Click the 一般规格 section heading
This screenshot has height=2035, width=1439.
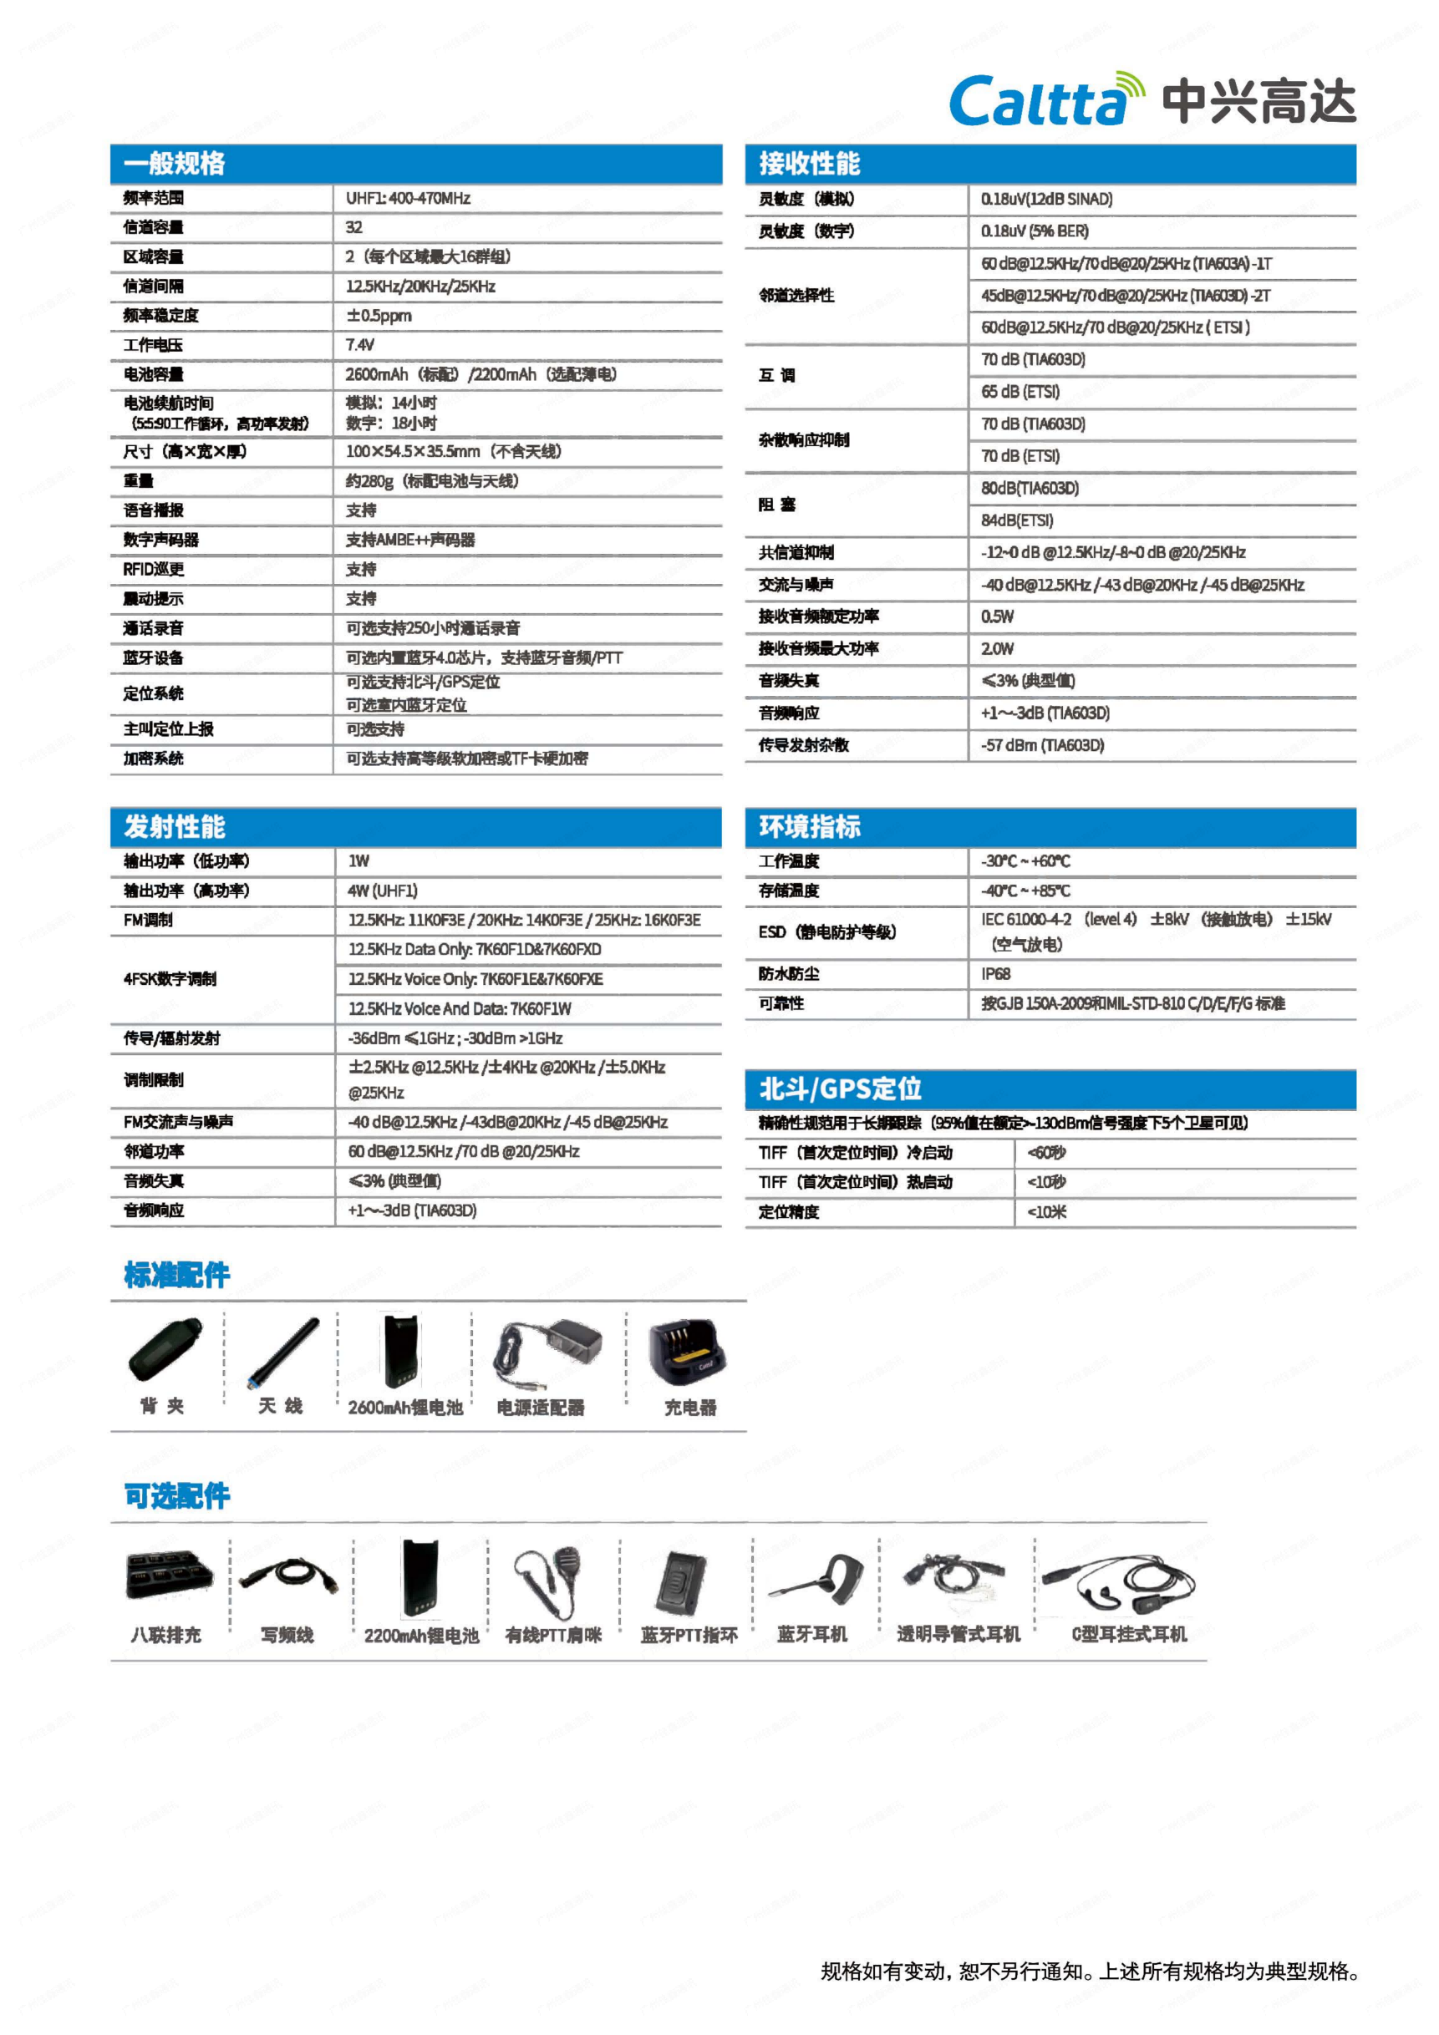[175, 163]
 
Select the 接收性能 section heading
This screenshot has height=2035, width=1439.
[809, 163]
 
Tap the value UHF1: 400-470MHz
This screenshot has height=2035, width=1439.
[408, 198]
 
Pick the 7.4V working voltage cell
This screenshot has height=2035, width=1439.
[360, 345]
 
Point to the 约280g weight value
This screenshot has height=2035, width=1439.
[432, 480]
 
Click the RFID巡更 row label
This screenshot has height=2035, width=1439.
[154, 569]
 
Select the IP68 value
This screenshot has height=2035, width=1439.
[996, 973]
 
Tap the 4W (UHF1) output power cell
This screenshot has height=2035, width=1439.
[382, 891]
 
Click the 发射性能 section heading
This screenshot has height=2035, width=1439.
[175, 826]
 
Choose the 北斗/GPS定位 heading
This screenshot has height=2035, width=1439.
[840, 1089]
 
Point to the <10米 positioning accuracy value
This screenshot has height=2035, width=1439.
[1046, 1211]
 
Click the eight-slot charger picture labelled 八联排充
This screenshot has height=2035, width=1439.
[169, 1575]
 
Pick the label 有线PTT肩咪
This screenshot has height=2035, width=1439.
[553, 1634]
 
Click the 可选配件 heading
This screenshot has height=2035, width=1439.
[176, 1496]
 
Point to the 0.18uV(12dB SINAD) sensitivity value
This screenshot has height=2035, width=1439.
[1046, 200]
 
